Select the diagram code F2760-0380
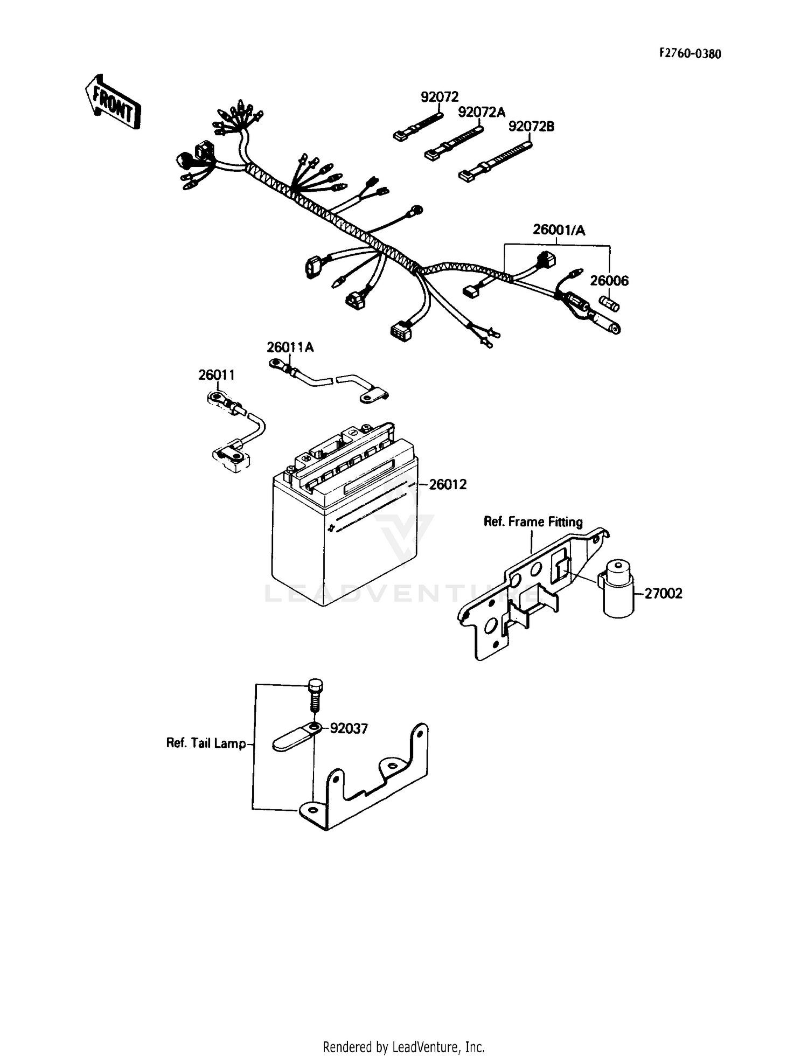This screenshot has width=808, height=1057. click(690, 54)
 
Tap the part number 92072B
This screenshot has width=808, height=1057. click(531, 127)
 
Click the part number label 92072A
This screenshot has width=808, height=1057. click(482, 112)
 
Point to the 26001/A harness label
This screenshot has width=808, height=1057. click(559, 230)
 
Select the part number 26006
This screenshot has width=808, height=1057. click(609, 281)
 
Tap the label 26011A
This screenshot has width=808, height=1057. click(290, 347)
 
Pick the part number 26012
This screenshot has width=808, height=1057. click(448, 485)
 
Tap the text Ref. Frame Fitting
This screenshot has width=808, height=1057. click(533, 521)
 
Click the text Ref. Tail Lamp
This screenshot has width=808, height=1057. click(206, 743)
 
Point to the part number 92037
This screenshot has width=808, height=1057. click(349, 729)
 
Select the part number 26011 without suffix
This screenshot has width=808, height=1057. click(217, 375)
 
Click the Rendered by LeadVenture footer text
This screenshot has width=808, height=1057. click(403, 1047)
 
